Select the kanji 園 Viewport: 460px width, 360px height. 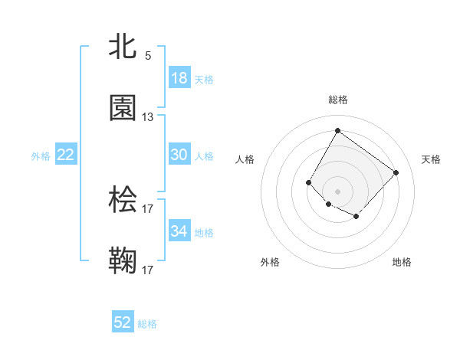coord(123,109)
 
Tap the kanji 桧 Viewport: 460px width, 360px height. coord(123,200)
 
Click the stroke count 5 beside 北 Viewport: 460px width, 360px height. coord(148,56)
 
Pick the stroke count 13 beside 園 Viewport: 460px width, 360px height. coord(148,117)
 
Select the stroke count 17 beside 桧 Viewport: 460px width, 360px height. coord(148,208)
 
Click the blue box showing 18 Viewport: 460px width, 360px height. coord(179,78)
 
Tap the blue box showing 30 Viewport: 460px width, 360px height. coord(179,155)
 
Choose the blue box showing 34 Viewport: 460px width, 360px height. coord(179,231)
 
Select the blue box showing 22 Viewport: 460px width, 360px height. coord(66,155)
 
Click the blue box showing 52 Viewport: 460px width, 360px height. coord(123,322)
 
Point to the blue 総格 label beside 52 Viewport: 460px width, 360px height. coord(147,324)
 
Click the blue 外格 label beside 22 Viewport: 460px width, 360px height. coord(41,156)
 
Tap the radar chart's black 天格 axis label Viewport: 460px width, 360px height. coord(431,159)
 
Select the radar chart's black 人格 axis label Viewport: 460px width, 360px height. coord(245,159)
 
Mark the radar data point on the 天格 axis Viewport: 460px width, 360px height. coord(396,172)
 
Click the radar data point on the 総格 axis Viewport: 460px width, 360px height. coord(337,130)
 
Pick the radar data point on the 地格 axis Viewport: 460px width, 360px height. coord(356,218)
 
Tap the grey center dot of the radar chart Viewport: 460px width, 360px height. coord(337,191)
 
